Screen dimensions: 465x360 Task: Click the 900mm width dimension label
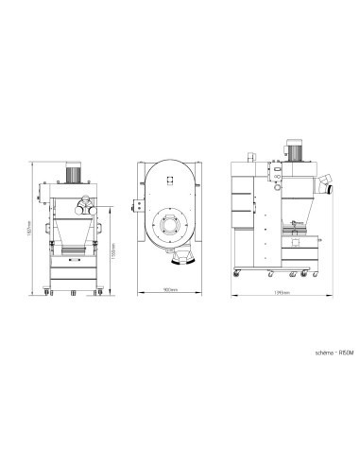(171, 288)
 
